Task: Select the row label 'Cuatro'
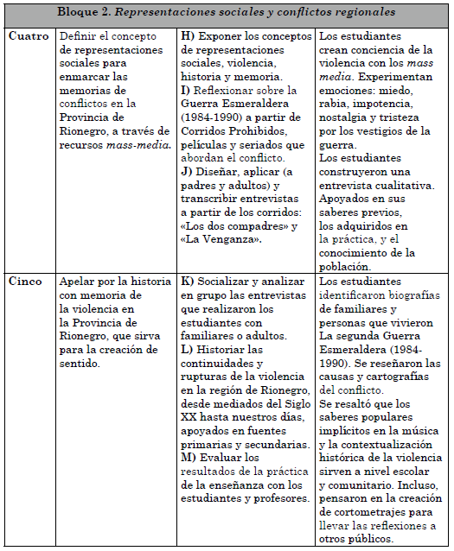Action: click(29, 36)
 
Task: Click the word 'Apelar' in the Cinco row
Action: click(81, 282)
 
